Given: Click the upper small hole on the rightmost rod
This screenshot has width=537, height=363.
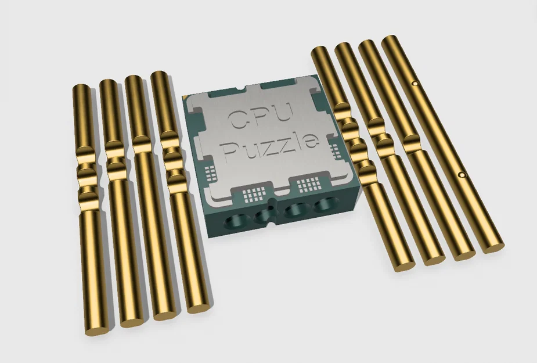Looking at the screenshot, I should [415, 84].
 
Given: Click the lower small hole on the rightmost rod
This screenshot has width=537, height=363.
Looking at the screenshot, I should [461, 174].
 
